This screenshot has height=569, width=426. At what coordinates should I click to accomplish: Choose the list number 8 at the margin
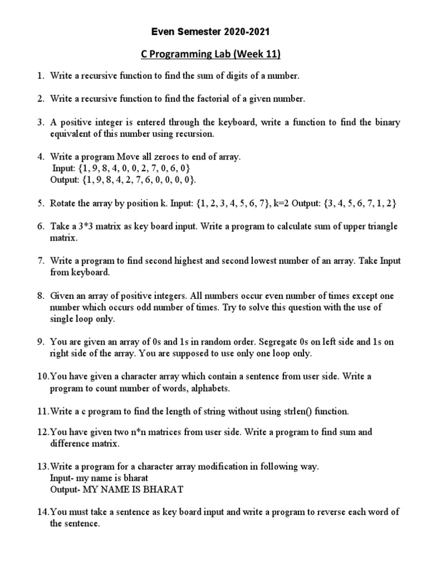pyautogui.click(x=41, y=296)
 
